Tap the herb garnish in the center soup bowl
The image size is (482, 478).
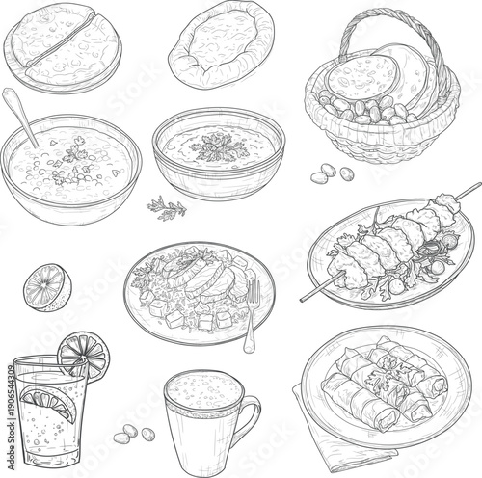(218, 146)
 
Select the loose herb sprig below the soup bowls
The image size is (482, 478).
(165, 206)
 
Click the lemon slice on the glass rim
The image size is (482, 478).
(82, 354)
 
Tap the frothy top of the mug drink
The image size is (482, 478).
(202, 390)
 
